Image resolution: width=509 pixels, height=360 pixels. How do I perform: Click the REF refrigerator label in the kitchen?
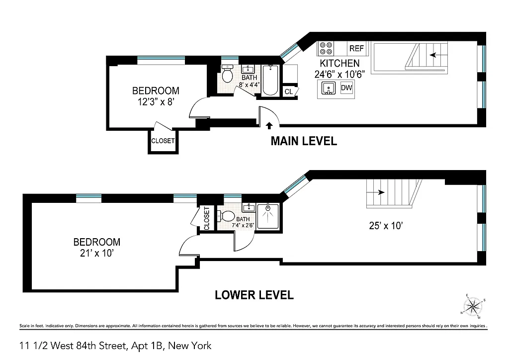[x=356, y=48]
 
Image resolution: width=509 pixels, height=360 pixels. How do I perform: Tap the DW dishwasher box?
[x=346, y=88]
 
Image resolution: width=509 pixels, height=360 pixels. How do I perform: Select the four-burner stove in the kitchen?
[x=327, y=48]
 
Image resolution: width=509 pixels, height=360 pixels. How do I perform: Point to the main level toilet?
[x=228, y=75]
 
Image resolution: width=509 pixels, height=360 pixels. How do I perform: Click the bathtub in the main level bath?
[x=271, y=81]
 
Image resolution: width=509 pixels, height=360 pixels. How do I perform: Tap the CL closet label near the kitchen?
[x=289, y=92]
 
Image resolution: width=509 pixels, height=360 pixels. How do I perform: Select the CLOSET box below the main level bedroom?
[x=163, y=141]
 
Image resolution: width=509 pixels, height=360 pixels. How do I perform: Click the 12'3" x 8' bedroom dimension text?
[x=155, y=101]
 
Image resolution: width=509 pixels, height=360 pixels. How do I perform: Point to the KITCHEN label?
[x=339, y=64]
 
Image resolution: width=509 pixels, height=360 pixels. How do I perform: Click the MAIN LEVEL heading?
[x=303, y=141]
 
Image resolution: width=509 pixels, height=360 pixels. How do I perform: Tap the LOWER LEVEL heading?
[x=254, y=295]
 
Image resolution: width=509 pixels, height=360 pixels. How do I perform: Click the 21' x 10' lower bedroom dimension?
[x=96, y=254]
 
